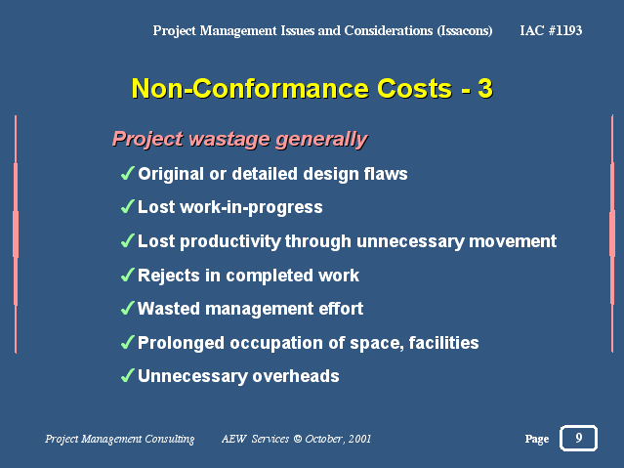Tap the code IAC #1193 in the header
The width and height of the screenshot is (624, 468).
pos(551,30)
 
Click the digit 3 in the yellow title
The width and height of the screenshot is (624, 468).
pos(485,88)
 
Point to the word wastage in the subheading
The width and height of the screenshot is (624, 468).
pos(229,140)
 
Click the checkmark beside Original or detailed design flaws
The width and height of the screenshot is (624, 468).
pos(127,173)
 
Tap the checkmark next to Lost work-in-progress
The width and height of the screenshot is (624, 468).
pos(127,207)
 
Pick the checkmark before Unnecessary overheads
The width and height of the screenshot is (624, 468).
pos(127,375)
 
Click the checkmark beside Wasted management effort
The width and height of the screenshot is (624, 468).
pos(127,309)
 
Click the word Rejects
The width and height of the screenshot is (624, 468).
pos(169,276)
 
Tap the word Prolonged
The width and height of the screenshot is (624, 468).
pos(181,344)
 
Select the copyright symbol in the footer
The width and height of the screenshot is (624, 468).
pos(297,439)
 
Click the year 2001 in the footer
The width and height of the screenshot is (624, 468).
pos(359,439)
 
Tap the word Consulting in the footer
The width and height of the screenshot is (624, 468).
pos(170,440)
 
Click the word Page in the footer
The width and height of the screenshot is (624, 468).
pos(537,439)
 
